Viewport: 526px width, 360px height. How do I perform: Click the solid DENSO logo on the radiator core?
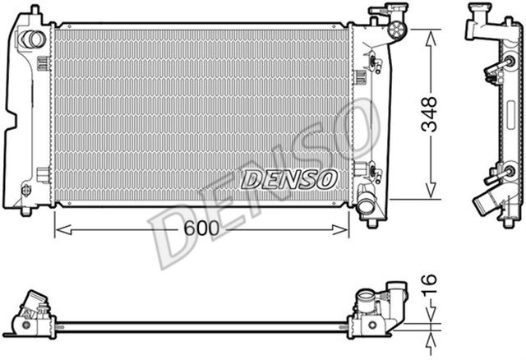coord(288,178)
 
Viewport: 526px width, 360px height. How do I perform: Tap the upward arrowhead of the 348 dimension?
coord(429,34)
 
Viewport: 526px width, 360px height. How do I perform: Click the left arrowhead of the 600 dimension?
coord(58,229)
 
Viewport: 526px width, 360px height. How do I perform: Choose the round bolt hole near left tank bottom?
coord(26,191)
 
